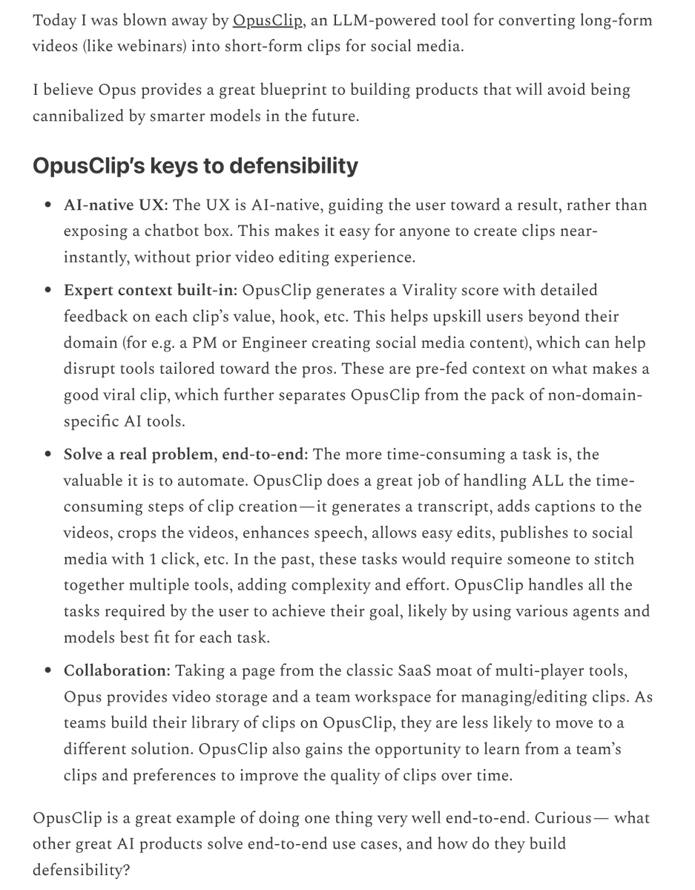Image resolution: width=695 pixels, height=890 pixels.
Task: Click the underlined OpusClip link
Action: (x=268, y=20)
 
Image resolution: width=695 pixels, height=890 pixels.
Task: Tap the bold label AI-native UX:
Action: (x=116, y=205)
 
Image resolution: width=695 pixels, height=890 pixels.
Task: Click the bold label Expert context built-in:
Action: (x=151, y=290)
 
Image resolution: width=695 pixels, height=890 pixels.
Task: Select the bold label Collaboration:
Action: (x=117, y=671)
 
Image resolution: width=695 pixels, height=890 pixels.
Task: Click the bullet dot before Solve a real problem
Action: (x=47, y=455)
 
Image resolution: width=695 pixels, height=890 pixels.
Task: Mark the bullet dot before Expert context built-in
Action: (x=47, y=291)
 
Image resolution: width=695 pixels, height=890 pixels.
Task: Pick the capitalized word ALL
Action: (x=549, y=481)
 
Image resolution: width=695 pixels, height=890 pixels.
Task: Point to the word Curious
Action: (x=565, y=818)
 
